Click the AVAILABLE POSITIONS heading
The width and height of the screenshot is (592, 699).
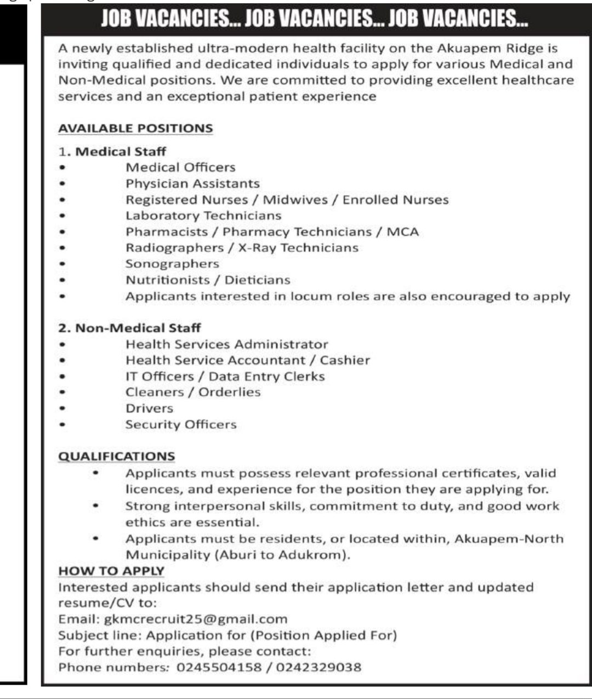(x=135, y=128)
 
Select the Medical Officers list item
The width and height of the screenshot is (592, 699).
(x=180, y=167)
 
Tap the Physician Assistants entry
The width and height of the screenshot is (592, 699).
(x=192, y=184)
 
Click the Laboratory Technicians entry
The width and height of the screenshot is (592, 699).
(x=203, y=215)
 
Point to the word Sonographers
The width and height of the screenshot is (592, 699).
(x=172, y=264)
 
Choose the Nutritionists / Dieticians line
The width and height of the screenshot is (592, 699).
(x=208, y=280)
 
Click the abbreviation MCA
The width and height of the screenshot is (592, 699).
(x=403, y=232)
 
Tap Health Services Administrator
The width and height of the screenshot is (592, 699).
(x=227, y=344)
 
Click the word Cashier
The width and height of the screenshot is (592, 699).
(x=345, y=360)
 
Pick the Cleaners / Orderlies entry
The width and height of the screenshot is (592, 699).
(x=193, y=392)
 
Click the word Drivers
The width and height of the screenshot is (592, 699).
(x=149, y=408)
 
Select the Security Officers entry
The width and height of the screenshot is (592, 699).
(x=181, y=424)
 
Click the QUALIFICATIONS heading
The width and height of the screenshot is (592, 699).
(x=117, y=456)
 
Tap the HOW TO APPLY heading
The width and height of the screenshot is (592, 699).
(x=111, y=571)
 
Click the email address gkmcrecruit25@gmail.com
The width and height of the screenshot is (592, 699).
(x=195, y=619)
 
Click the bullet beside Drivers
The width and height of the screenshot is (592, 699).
(x=64, y=408)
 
